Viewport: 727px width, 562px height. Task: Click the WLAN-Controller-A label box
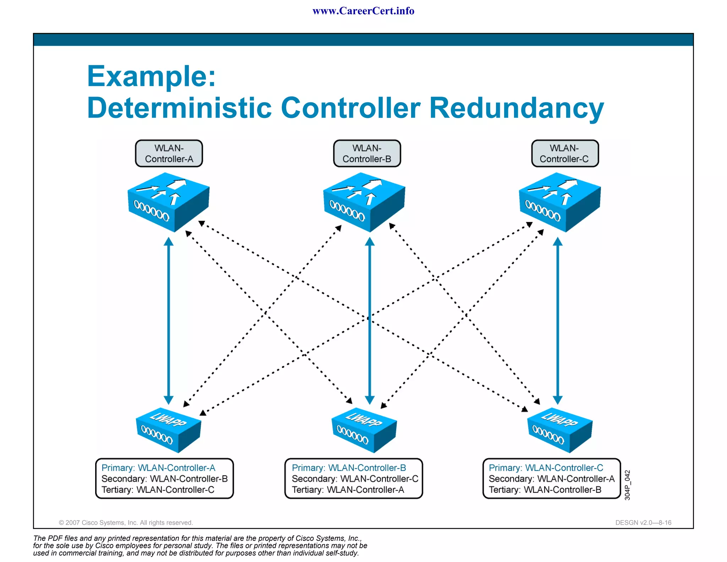pyautogui.click(x=169, y=153)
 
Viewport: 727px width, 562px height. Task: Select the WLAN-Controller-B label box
pyautogui.click(x=367, y=153)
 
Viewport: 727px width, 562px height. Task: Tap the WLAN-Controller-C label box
pyautogui.click(x=564, y=153)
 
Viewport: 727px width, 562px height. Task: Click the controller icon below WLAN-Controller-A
pyautogui.click(x=169, y=202)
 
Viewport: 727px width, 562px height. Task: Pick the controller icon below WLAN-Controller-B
pyautogui.click(x=364, y=202)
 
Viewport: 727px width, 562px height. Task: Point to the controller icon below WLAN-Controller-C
pyautogui.click(x=560, y=202)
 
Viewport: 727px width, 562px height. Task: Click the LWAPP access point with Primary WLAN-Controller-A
pyautogui.click(x=169, y=430)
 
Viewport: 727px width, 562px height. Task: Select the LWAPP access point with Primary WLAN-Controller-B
pyautogui.click(x=364, y=430)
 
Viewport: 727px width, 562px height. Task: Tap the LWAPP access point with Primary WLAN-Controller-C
pyautogui.click(x=560, y=430)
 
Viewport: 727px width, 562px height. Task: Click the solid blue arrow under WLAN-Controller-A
pyautogui.click(x=169, y=320)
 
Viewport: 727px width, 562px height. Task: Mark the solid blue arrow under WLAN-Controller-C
pyautogui.click(x=558, y=320)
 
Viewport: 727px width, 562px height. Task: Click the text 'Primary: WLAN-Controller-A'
pyautogui.click(x=158, y=468)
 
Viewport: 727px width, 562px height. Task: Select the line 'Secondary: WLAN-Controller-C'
pyautogui.click(x=355, y=479)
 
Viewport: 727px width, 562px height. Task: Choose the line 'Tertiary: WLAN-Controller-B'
pyautogui.click(x=545, y=490)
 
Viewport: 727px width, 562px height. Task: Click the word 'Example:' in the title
pyautogui.click(x=152, y=76)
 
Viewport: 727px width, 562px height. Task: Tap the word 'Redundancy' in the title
pyautogui.click(x=516, y=108)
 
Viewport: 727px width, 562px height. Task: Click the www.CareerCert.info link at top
pyautogui.click(x=363, y=11)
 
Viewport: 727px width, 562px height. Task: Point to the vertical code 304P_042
pyautogui.click(x=627, y=485)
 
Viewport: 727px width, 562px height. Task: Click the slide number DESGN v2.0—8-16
pyautogui.click(x=643, y=523)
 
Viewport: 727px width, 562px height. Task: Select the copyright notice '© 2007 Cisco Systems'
pyautogui.click(x=126, y=523)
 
